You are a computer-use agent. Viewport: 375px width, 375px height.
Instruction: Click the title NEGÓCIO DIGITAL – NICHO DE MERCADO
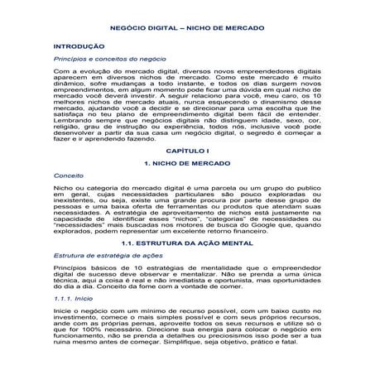[x=187, y=25]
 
